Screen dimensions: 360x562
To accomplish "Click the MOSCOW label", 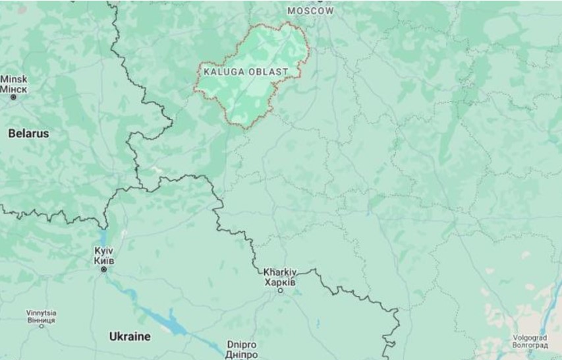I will (x=311, y=11).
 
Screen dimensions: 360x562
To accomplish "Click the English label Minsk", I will (x=14, y=79).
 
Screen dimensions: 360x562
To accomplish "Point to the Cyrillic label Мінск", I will (x=14, y=88).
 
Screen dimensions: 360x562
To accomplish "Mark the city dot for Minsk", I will (x=13, y=97).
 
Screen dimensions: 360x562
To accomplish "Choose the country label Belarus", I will (x=28, y=133).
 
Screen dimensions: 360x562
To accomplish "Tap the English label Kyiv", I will (x=104, y=251).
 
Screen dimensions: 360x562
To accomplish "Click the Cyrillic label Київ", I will (x=104, y=260).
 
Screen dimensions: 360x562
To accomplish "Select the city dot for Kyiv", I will (x=103, y=270).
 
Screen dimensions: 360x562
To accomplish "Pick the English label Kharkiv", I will (x=280, y=272).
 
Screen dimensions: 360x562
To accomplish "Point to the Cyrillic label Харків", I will (x=280, y=282).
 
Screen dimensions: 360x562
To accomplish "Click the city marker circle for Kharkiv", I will (x=280, y=290).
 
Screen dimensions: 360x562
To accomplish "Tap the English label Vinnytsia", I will (x=42, y=312).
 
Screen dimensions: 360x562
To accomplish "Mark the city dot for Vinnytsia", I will (x=42, y=325).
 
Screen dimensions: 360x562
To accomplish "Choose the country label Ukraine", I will (x=129, y=336).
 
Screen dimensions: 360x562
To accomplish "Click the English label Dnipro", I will (x=241, y=345).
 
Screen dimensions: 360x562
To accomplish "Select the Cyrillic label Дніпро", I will (x=241, y=354).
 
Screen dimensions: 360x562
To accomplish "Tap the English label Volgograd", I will (x=530, y=337).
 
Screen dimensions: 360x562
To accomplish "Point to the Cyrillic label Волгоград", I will (x=530, y=344).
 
